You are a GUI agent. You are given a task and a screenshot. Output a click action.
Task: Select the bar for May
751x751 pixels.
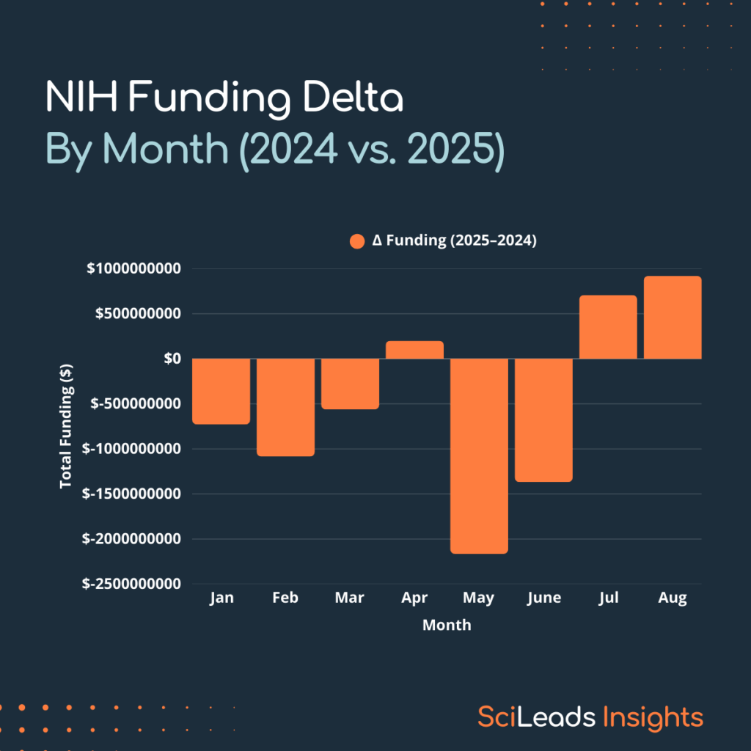coord(479,455)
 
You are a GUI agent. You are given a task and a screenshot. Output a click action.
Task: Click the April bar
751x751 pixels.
coord(414,350)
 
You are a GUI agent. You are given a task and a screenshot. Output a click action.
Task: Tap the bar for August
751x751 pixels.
coord(673,318)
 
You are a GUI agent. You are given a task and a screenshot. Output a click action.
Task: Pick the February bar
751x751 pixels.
coord(285,407)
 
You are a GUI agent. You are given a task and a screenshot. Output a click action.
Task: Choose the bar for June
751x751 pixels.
coord(543,420)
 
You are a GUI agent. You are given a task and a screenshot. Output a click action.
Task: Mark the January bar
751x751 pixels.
coord(221,391)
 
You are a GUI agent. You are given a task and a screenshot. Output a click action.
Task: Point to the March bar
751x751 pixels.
coord(350,384)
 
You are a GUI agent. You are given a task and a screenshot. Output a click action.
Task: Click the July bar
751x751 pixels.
coord(608,327)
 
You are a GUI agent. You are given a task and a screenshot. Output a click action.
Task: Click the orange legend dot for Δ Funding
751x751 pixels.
coord(357,241)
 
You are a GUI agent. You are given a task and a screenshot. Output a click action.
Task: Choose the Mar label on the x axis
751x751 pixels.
coord(350,598)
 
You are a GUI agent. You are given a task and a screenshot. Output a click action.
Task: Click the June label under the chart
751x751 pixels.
coord(543,598)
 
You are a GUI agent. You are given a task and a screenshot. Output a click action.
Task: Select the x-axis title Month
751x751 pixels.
coord(447,626)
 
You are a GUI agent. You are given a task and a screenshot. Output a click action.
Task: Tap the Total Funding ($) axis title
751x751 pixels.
coord(66,426)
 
